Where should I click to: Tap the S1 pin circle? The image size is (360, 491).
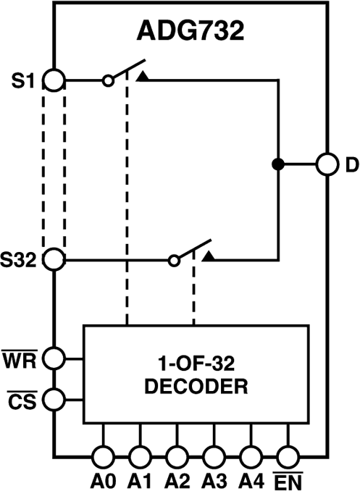(54, 79)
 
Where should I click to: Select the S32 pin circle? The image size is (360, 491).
(54, 259)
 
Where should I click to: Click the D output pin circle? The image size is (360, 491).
(327, 164)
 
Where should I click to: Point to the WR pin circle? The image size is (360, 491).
(54, 357)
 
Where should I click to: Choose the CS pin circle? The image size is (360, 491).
(54, 398)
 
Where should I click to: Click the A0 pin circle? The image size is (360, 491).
(103, 456)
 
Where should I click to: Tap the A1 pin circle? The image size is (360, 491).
(140, 456)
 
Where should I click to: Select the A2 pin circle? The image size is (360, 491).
(177, 456)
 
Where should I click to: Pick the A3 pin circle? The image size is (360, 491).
(214, 456)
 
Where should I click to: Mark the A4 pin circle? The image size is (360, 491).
(251, 456)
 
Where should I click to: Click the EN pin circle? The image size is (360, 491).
(288, 456)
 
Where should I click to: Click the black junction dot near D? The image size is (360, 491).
(277, 164)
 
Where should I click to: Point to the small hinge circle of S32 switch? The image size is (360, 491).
(174, 259)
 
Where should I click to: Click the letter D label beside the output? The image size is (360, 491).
(351, 165)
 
